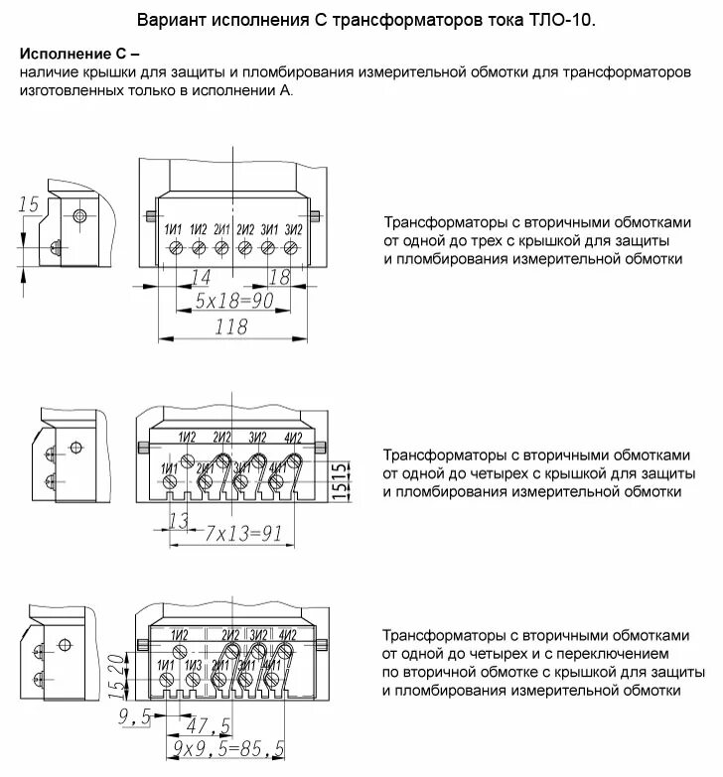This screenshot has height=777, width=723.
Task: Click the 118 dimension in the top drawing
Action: [x=231, y=327]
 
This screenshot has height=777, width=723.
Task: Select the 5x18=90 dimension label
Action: [x=233, y=301]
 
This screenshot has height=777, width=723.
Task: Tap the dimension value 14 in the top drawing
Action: [x=201, y=277]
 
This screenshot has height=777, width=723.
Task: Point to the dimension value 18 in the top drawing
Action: [x=280, y=277]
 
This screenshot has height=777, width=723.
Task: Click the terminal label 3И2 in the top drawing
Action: [x=293, y=229]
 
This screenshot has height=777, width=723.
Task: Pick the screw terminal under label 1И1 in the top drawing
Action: [x=175, y=247]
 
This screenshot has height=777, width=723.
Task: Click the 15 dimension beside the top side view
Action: [x=29, y=204]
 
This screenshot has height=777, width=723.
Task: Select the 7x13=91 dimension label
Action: [x=244, y=534]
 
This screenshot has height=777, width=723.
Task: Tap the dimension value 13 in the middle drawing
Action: [x=179, y=520]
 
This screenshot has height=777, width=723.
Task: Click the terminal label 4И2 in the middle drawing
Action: [x=293, y=438]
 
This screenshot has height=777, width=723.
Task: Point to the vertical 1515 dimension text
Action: [x=338, y=480]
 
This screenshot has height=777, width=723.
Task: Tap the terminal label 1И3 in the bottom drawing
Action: [x=194, y=665]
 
